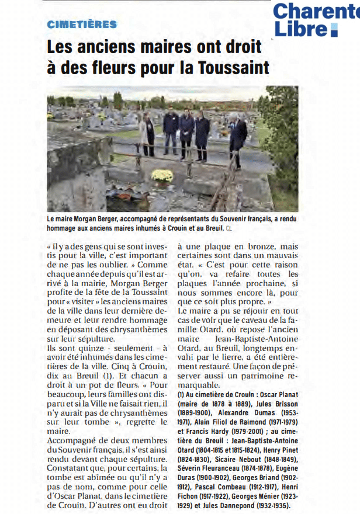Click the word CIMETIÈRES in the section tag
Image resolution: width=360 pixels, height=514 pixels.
point(82,24)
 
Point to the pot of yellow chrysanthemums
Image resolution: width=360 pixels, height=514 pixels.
point(162,175)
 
